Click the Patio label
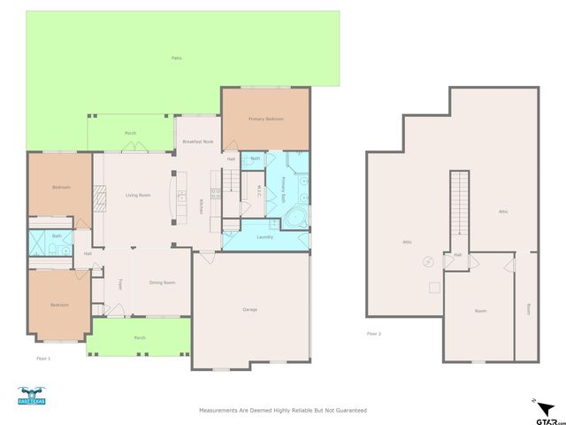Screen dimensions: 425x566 coord(177,58)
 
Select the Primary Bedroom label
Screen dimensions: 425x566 coord(265,119)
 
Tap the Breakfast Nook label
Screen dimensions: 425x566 coord(197,142)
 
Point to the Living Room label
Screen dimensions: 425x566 coord(137,195)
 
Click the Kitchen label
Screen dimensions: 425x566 coord(201,205)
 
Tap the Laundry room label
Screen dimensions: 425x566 coord(264,236)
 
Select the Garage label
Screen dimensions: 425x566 coord(250,309)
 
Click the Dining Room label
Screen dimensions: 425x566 coord(162,282)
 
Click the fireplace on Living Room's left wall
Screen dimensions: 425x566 coord(100,197)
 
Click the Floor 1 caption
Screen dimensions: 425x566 coord(42,358)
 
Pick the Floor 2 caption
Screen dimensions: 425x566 coord(374,334)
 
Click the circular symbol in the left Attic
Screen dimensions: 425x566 coord(429,261)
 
